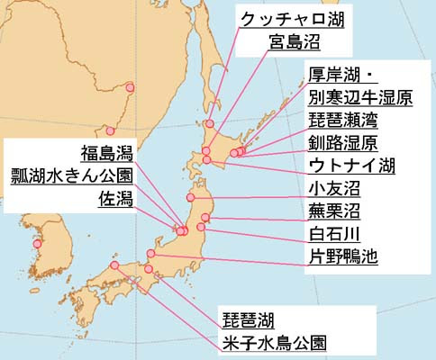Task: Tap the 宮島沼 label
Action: coord(294,40)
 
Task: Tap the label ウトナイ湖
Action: coord(351,166)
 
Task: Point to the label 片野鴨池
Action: coord(341,257)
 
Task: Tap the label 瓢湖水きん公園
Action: coord(70,174)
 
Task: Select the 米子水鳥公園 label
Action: coord(273,342)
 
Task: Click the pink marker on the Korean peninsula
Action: coord(37,244)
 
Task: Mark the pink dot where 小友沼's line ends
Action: coord(191,197)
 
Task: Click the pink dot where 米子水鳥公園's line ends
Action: coord(115,266)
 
